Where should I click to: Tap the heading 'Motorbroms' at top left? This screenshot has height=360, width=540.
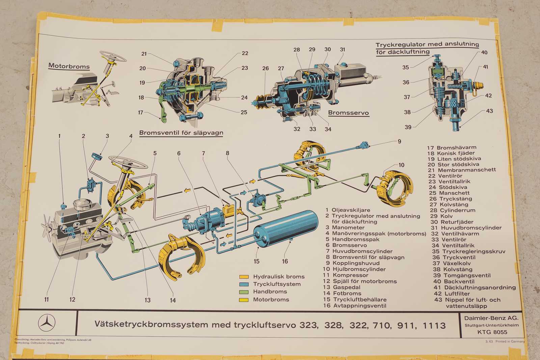click(69, 66)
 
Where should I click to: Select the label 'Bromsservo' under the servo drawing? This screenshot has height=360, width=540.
click(348, 113)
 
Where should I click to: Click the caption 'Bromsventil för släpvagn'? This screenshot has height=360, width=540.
click(181, 133)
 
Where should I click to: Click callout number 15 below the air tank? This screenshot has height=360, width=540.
click(256, 261)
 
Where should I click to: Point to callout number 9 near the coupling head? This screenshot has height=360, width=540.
click(399, 141)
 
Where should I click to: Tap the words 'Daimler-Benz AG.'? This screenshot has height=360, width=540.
click(491, 318)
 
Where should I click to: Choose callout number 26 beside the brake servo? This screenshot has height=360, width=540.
click(266, 68)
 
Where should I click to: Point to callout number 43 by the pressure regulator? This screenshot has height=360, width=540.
click(489, 111)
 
